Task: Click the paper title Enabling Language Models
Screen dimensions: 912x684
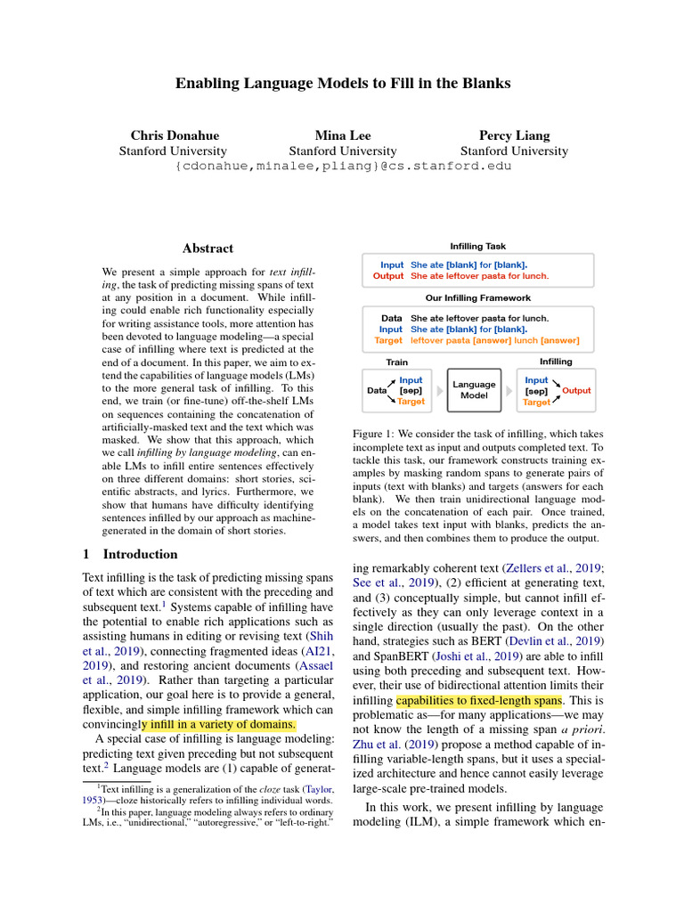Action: click(342, 83)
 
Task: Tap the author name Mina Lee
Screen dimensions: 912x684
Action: click(342, 135)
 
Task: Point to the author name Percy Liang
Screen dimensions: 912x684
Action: click(514, 135)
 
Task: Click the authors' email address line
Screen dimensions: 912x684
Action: click(343, 166)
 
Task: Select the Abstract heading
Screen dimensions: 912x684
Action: click(208, 248)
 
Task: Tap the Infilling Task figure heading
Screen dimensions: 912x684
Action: click(478, 246)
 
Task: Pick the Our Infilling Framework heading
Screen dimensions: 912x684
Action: click(478, 298)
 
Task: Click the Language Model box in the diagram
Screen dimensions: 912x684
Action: click(474, 390)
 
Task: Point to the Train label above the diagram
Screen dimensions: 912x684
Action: click(396, 362)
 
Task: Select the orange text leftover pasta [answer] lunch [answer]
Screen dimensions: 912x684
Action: click(494, 340)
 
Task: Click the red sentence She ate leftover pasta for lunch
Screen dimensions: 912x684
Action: click(479, 276)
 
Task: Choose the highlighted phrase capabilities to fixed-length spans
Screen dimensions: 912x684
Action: click(478, 699)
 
